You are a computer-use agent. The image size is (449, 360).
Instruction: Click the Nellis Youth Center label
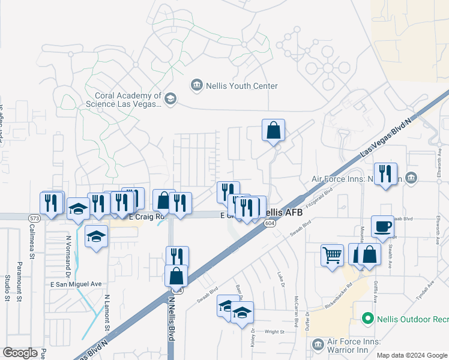242,86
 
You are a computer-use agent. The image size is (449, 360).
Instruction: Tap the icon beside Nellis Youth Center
196,86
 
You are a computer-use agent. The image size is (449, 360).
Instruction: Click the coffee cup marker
382,226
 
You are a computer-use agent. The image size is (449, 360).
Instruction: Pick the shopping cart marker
332,255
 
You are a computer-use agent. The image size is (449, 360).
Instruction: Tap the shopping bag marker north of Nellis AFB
273,130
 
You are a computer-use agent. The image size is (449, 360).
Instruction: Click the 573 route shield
32,217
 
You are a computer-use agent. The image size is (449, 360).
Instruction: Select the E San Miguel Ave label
76,284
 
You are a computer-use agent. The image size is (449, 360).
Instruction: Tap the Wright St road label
274,331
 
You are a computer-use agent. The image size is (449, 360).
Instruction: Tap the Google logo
20,353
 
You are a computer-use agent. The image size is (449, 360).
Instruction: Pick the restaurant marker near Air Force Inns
385,174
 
